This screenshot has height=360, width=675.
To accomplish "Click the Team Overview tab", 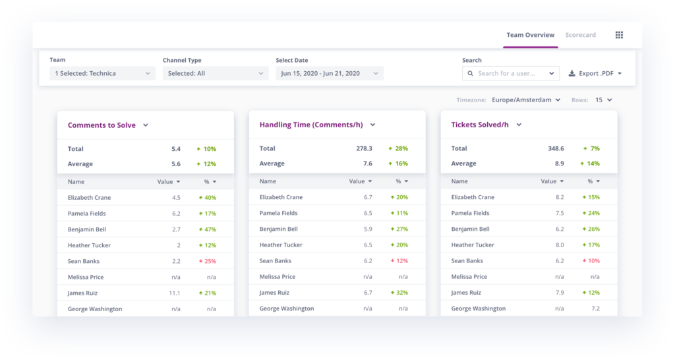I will pyautogui.click(x=530, y=35).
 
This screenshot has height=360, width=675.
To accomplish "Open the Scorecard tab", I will pyautogui.click(x=580, y=35).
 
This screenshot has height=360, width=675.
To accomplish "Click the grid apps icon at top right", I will pyautogui.click(x=619, y=35).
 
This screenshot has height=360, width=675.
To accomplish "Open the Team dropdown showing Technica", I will pyautogui.click(x=102, y=73).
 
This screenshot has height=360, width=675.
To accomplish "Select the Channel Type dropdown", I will pyautogui.click(x=216, y=73).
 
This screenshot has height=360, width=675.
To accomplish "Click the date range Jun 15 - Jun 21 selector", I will pyautogui.click(x=329, y=73).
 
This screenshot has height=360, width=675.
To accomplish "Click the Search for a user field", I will pyautogui.click(x=510, y=73).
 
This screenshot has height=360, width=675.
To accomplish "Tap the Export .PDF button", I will pyautogui.click(x=595, y=73).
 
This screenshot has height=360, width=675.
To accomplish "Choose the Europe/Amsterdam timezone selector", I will pyautogui.click(x=526, y=100).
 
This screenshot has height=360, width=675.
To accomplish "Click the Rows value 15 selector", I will pyautogui.click(x=603, y=100).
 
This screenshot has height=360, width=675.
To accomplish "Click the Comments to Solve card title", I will pyautogui.click(x=102, y=125).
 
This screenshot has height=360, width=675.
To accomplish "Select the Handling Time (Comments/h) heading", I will pyautogui.click(x=310, y=125).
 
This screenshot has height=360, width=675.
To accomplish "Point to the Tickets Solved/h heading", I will pyautogui.click(x=480, y=125).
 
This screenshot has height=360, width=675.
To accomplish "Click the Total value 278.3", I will pyautogui.click(x=364, y=149).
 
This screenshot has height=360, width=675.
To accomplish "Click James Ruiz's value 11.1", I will pyautogui.click(x=174, y=293).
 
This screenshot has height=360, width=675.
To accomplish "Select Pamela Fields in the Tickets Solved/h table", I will pyautogui.click(x=470, y=214).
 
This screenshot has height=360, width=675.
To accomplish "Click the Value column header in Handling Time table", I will pyautogui.click(x=360, y=181).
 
